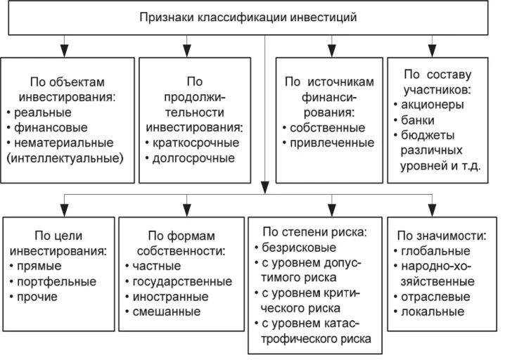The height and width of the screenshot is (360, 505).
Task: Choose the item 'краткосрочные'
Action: click(196, 143)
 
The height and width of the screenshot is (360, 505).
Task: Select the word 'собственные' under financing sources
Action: click(327, 128)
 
